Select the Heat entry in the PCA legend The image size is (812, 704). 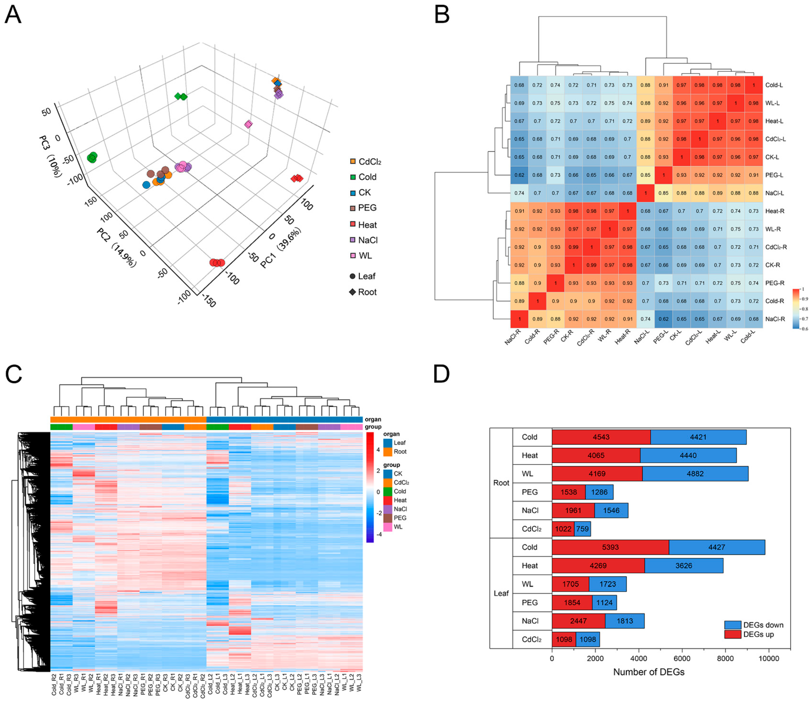point(367,225)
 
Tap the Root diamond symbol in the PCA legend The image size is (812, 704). point(352,292)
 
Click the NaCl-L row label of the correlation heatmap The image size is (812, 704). point(774,193)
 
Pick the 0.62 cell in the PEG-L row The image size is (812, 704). point(519,175)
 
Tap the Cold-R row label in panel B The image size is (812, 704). point(774,301)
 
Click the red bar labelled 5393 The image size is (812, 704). point(610,547)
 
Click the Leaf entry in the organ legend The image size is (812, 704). point(399,443)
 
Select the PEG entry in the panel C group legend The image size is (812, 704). point(400,518)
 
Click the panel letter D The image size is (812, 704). point(441,374)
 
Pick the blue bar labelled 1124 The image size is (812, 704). point(604,602)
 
